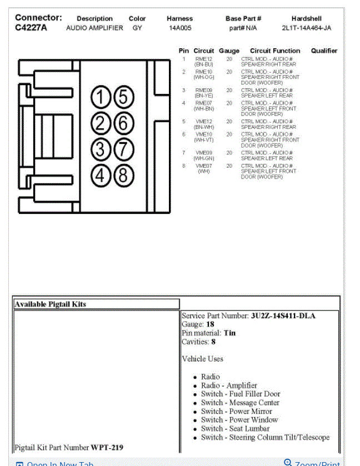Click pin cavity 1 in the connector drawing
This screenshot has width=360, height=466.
click(x=101, y=98)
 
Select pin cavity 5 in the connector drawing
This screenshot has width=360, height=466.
click(x=124, y=98)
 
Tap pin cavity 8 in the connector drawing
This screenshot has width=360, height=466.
click(x=124, y=176)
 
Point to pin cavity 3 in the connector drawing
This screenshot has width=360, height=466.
click(x=101, y=149)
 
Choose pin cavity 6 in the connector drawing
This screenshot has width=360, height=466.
click(x=124, y=123)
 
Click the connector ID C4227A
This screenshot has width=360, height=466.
click(x=31, y=28)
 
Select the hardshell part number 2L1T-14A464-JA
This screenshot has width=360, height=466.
click(x=306, y=28)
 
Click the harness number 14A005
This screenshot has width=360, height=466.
click(x=180, y=28)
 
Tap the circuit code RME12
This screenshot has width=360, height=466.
click(x=204, y=59)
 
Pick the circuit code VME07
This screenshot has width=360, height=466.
click(x=204, y=166)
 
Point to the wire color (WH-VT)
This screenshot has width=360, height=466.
click(x=204, y=140)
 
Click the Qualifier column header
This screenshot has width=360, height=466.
click(x=324, y=51)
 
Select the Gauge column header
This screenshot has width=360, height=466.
click(x=229, y=51)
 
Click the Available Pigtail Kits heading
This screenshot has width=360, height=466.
click(x=51, y=304)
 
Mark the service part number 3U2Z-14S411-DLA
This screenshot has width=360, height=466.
click(x=283, y=316)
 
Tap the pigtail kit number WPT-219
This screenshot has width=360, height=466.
click(x=107, y=447)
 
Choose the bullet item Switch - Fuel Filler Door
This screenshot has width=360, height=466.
click(x=241, y=394)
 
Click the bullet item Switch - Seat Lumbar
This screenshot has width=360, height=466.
click(x=235, y=429)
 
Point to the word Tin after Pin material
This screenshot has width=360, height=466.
click(x=229, y=333)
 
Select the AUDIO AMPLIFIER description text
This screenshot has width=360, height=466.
click(x=94, y=28)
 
